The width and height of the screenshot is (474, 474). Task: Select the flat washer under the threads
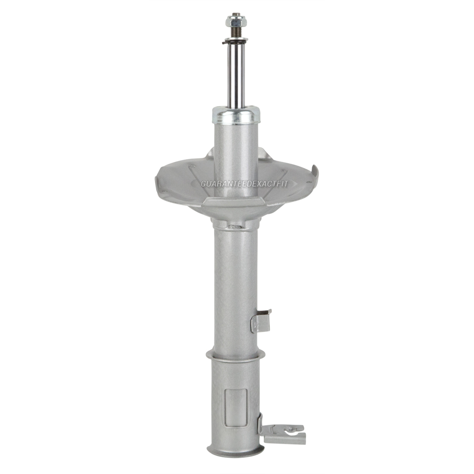coord(236,40)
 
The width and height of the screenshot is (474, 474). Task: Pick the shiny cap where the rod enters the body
coord(236,114)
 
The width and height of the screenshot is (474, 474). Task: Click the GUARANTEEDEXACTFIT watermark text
coord(245,183)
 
